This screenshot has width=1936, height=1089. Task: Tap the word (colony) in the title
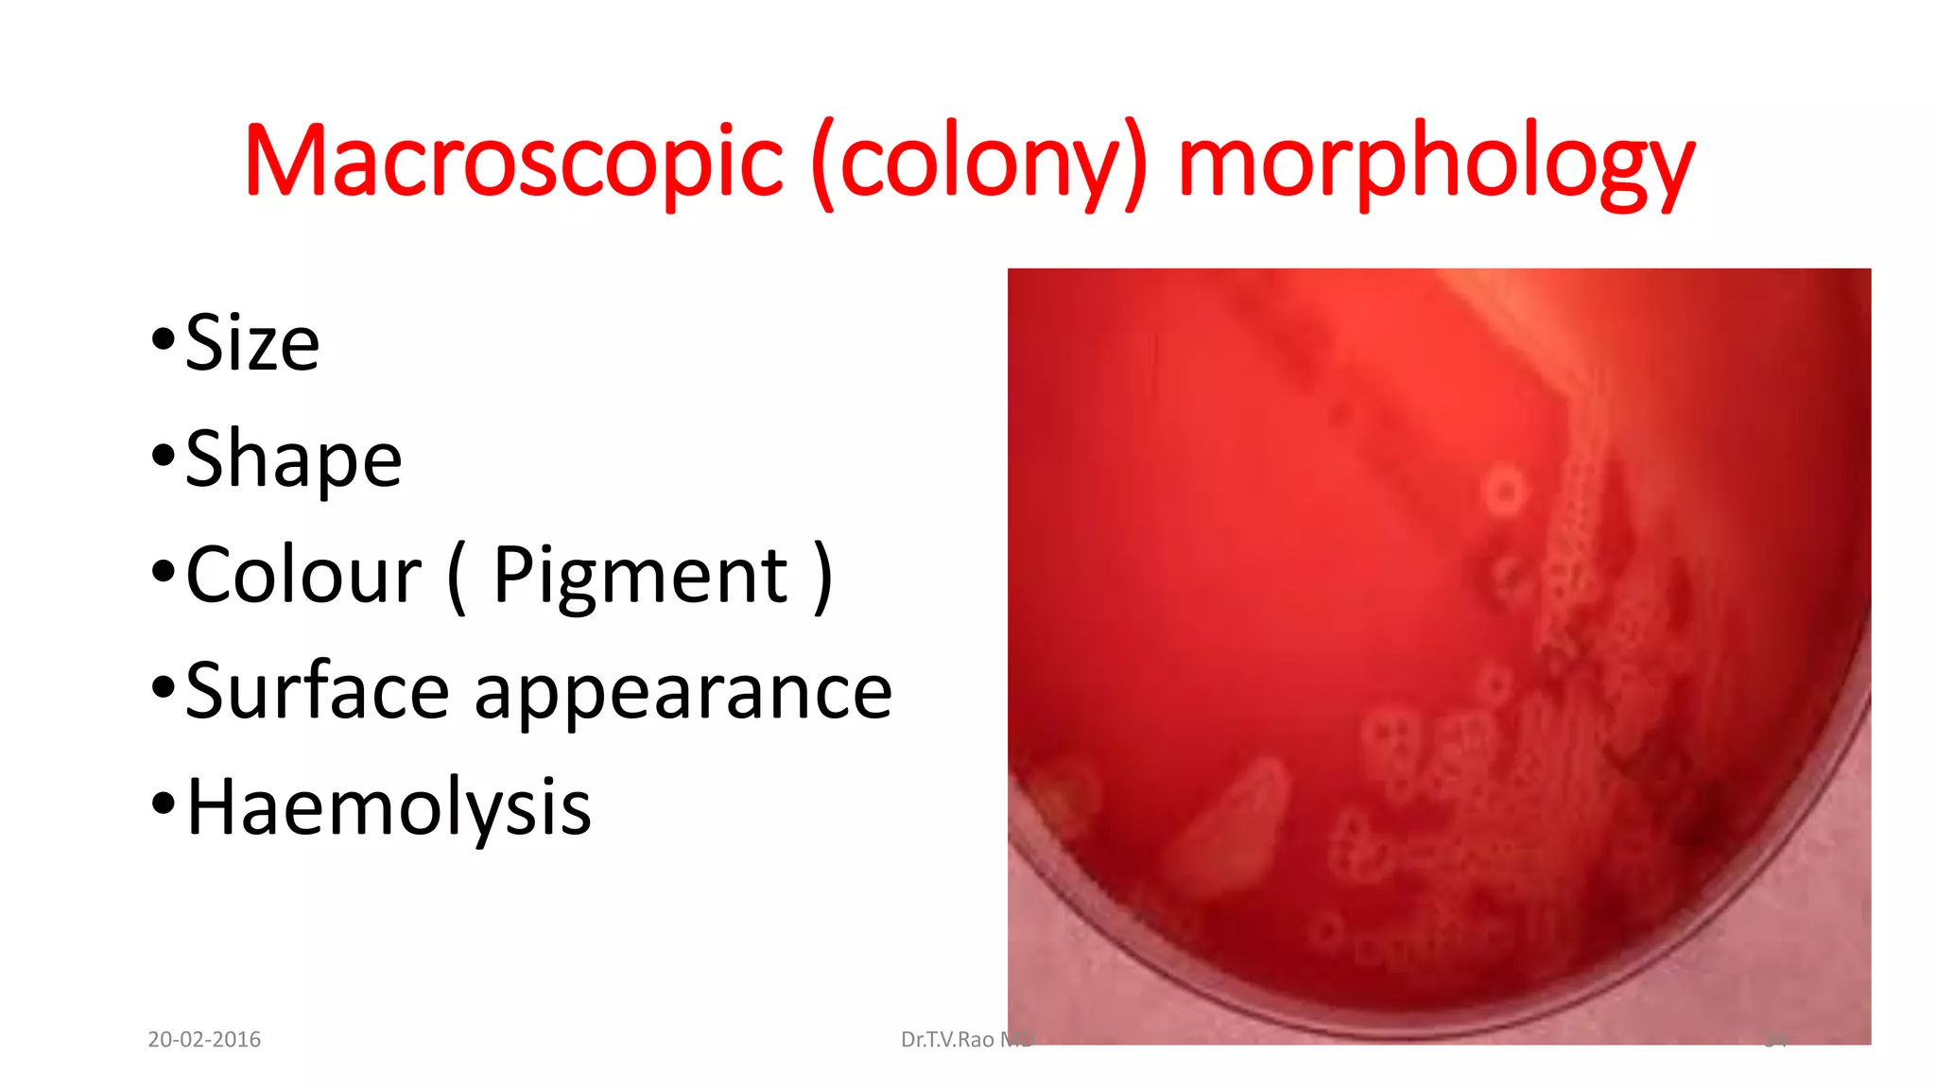(x=979, y=163)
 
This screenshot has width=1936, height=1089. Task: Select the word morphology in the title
(x=1436, y=163)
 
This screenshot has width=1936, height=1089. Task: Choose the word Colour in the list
(x=303, y=575)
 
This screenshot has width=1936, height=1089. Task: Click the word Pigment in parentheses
(x=640, y=575)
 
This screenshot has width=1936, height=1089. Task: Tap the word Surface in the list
(x=317, y=691)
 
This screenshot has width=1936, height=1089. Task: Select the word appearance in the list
(x=683, y=691)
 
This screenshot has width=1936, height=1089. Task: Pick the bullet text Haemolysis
(x=389, y=807)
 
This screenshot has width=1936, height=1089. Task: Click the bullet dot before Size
(x=163, y=338)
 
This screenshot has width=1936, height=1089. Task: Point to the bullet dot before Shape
(x=163, y=455)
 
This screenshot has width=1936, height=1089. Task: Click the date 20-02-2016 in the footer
(x=204, y=1040)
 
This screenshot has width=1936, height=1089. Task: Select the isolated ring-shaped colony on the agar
(x=1504, y=491)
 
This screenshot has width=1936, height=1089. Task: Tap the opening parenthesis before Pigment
(x=457, y=577)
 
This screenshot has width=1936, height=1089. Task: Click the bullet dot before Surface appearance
(x=163, y=687)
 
